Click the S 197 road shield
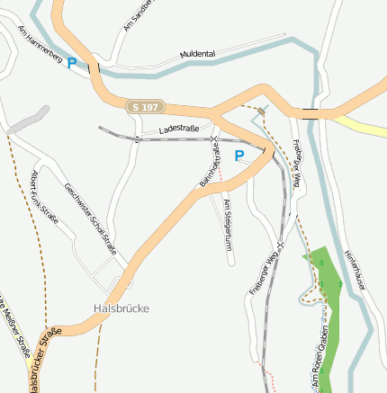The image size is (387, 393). pyautogui.click(x=147, y=107)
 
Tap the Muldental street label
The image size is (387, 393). pyautogui.click(x=197, y=55)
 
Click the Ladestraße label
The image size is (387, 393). pyautogui.click(x=178, y=130)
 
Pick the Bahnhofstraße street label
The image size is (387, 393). pyautogui.click(x=210, y=164)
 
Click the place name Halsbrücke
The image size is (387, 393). pyautogui.click(x=121, y=308)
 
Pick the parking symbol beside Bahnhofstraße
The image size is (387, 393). pyautogui.click(x=239, y=156)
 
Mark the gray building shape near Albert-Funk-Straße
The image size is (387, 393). pyautogui.click(x=27, y=121)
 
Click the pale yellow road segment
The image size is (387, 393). pyautogui.click(x=364, y=124)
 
